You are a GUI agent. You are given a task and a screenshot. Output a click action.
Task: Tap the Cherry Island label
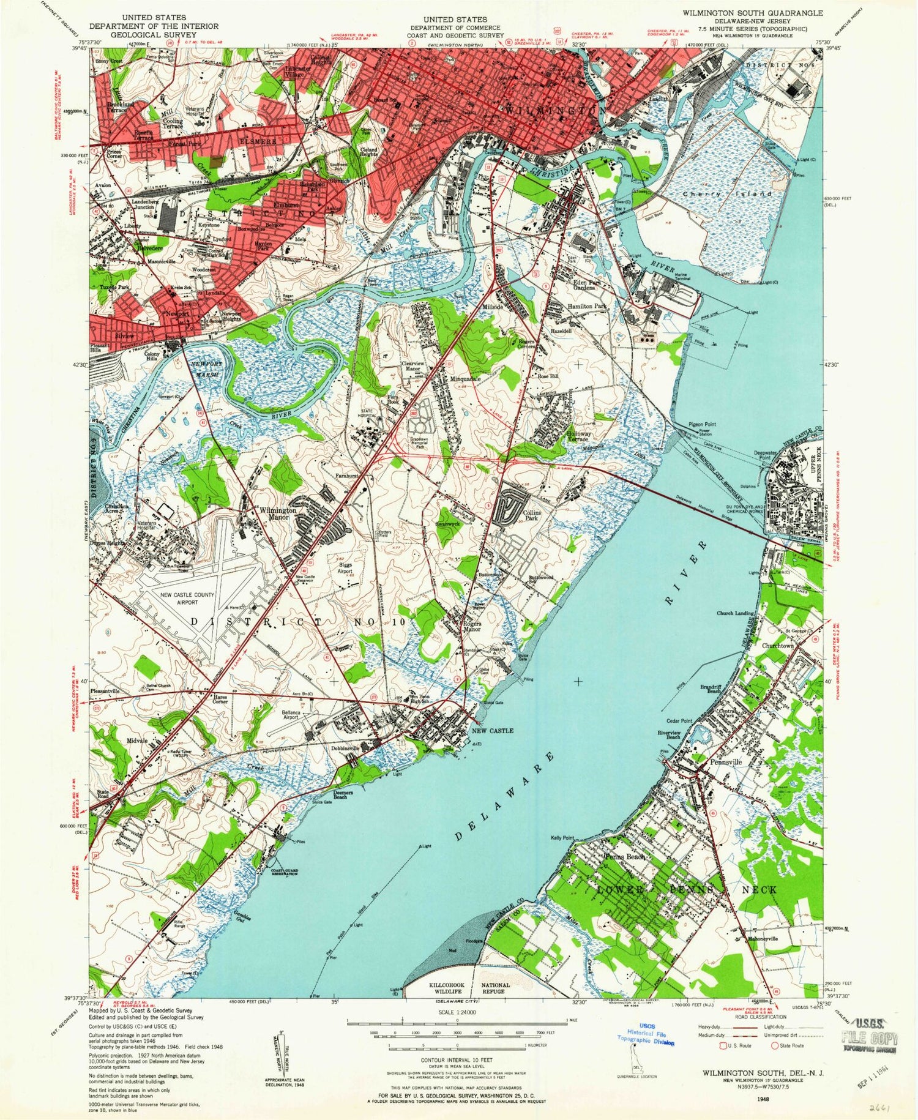728,193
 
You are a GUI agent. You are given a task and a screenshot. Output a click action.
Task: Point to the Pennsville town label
726,762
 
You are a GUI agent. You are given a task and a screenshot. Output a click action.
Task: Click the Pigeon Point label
702,424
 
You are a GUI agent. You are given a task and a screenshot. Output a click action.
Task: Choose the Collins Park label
530,514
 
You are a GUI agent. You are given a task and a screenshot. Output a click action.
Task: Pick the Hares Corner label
220,698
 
